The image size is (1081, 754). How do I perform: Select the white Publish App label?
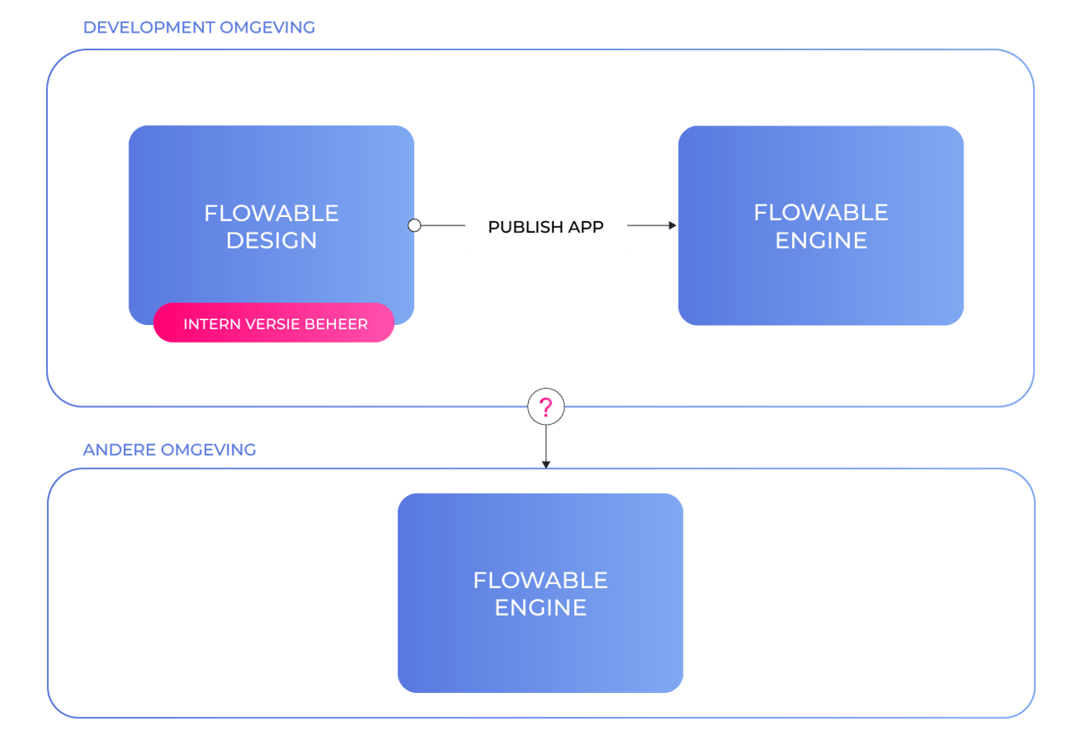[x=546, y=226]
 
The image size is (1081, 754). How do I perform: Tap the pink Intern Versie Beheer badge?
[x=274, y=323]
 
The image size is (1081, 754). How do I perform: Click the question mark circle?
[x=546, y=408]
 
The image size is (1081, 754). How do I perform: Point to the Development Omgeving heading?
[x=199, y=28]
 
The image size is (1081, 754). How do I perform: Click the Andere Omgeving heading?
[x=169, y=450]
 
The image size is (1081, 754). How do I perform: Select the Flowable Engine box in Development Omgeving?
[x=820, y=225]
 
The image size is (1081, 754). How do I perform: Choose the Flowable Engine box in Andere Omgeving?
[x=540, y=592]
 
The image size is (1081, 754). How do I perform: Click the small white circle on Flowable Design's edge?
[x=414, y=225]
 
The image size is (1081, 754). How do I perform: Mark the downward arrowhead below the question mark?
[x=546, y=462]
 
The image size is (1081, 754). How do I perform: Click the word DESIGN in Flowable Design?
[x=272, y=240]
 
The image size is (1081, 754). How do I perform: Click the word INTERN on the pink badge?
[x=209, y=324]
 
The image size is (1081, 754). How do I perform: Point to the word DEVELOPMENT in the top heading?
[x=148, y=28]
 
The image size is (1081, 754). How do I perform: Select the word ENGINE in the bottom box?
[x=540, y=607]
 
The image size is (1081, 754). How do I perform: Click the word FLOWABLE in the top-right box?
[x=820, y=212]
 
